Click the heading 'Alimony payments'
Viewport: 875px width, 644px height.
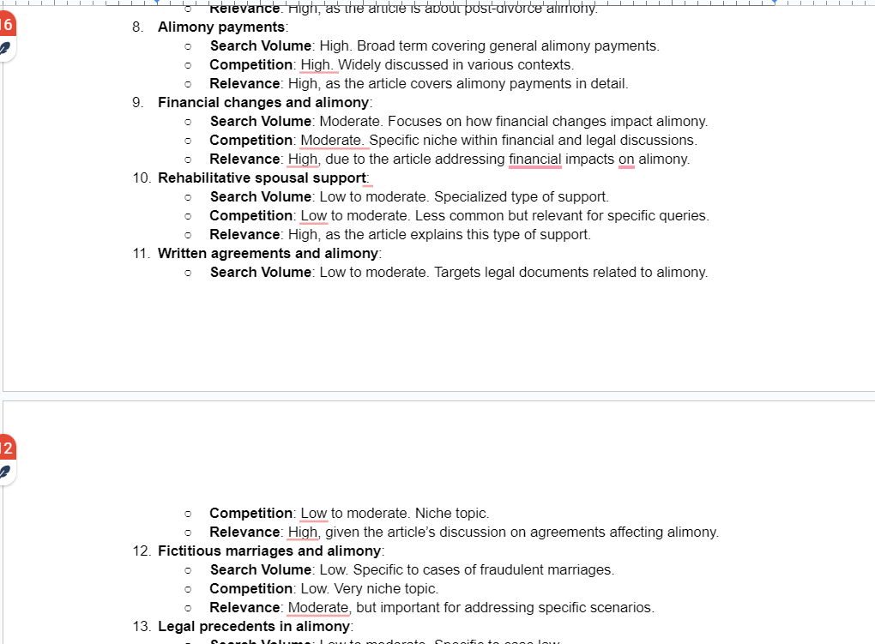(x=221, y=27)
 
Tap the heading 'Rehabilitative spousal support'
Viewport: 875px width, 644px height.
(x=262, y=178)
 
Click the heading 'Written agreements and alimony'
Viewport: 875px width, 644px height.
(x=268, y=254)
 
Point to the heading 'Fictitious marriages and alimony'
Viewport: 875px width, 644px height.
(x=269, y=551)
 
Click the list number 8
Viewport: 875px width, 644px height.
(x=137, y=27)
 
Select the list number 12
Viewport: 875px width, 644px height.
(x=140, y=551)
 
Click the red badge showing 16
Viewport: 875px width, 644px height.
(x=6, y=24)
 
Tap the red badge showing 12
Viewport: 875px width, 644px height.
(x=6, y=448)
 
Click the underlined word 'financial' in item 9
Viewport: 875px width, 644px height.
(x=534, y=159)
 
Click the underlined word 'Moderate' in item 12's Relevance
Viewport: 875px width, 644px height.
(x=318, y=608)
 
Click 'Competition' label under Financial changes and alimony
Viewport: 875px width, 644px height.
(x=251, y=141)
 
